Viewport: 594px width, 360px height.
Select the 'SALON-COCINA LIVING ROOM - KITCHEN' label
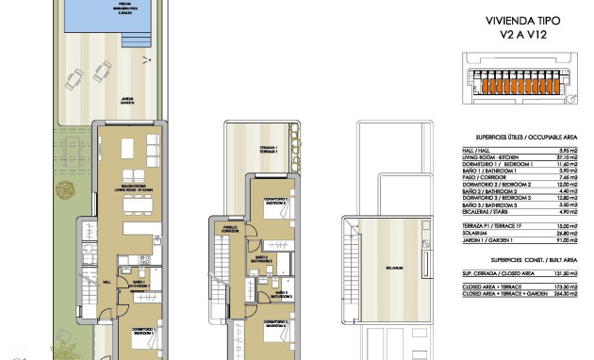click(124, 189)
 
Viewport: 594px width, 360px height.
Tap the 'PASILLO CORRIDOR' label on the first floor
click(230, 229)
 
